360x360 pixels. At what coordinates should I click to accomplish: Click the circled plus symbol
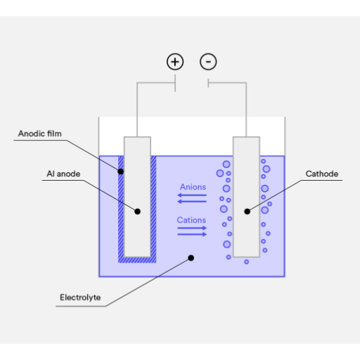pyautogui.click(x=175, y=62)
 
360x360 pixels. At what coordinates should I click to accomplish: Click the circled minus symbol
pyautogui.click(x=208, y=62)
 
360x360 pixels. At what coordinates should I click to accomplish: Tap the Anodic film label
pyautogui.click(x=40, y=134)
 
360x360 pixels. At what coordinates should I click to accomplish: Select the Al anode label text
pyautogui.click(x=63, y=174)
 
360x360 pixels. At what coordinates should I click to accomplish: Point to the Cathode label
pyautogui.click(x=322, y=174)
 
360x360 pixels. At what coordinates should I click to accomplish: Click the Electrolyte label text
pyautogui.click(x=80, y=297)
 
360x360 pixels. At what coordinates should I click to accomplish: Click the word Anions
pyautogui.click(x=193, y=187)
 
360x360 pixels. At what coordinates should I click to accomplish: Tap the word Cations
pyautogui.click(x=191, y=220)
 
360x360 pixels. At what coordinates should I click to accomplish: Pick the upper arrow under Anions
pyautogui.click(x=192, y=195)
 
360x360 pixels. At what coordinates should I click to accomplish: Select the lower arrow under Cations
pyautogui.click(x=192, y=234)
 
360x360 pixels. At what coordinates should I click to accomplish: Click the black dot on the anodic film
pyautogui.click(x=121, y=172)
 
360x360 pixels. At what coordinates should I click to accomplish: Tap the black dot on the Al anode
pyautogui.click(x=138, y=212)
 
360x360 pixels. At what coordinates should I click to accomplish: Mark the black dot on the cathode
pyautogui.click(x=247, y=212)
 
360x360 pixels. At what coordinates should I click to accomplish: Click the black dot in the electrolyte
pyautogui.click(x=191, y=258)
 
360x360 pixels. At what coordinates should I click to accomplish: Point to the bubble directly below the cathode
pyautogui.click(x=246, y=262)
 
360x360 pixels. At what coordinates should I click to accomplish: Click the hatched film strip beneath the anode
pyautogui.click(x=137, y=260)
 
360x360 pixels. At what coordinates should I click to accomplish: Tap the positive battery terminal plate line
pyautogui.click(x=175, y=83)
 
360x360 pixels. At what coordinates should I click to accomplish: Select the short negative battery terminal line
pyautogui.click(x=208, y=83)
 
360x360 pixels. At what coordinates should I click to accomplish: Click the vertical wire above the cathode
pyautogui.click(x=246, y=110)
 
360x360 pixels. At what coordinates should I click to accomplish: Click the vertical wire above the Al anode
pyautogui.click(x=137, y=110)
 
